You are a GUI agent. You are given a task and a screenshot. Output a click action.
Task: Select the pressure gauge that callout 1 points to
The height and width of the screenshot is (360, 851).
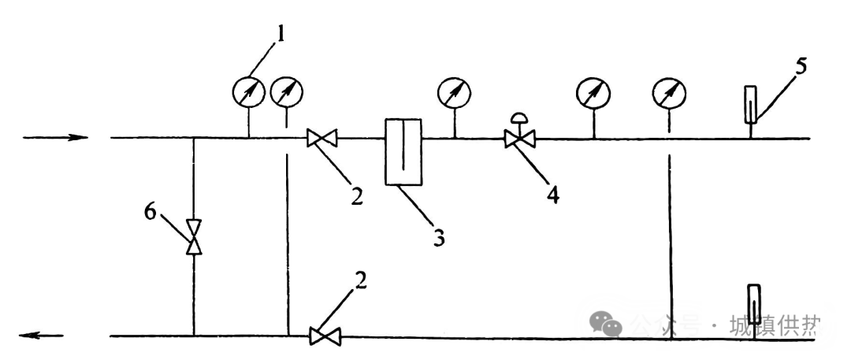[x=249, y=94]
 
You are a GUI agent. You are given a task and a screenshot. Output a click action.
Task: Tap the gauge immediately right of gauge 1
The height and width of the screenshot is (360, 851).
[x=286, y=94]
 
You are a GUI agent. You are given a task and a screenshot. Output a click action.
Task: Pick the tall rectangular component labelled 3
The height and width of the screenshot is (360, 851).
[x=403, y=152]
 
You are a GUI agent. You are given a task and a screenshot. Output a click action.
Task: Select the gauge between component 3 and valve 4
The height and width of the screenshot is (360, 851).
[x=455, y=93]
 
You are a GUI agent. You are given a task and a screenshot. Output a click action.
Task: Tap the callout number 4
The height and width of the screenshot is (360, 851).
[x=554, y=194]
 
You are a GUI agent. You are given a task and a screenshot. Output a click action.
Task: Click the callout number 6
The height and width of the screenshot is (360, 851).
[x=151, y=210]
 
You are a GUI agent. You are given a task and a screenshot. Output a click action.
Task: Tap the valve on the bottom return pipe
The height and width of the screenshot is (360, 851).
[x=322, y=336]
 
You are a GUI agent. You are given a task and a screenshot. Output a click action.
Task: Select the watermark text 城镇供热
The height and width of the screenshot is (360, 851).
[x=776, y=324]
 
